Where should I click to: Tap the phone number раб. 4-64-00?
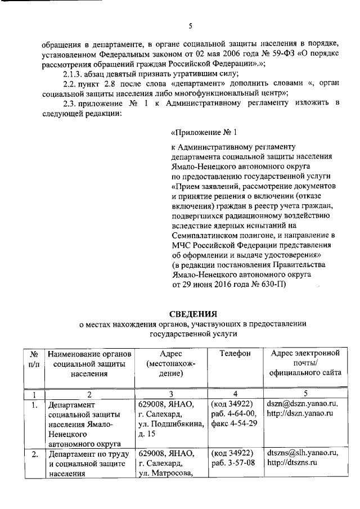[x=233, y=413]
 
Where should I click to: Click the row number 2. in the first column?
[x=34, y=453]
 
